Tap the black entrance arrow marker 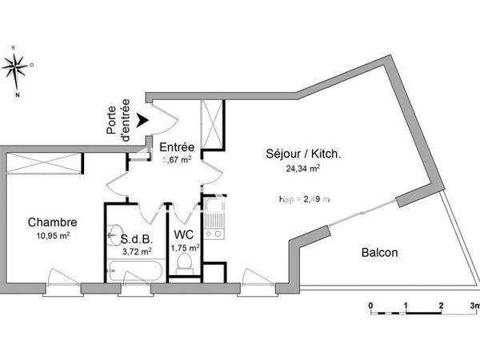coord(142,120)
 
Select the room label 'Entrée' coord(176,147)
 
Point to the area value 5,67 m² coord(176,159)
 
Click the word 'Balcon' coord(379,253)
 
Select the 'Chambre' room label coord(52,222)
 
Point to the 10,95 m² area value coord(54,235)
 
